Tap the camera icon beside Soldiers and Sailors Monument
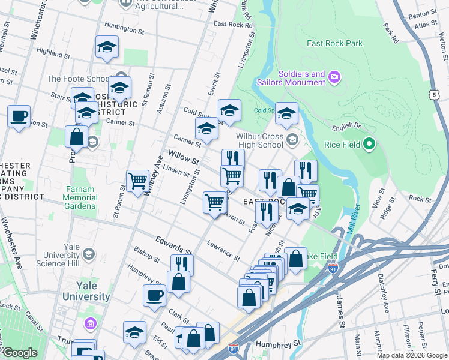[334, 77]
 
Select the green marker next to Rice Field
[370, 144]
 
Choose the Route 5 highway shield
[433, 95]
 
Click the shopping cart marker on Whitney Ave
[138, 179]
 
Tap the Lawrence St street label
[223, 249]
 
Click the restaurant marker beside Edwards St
[182, 264]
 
